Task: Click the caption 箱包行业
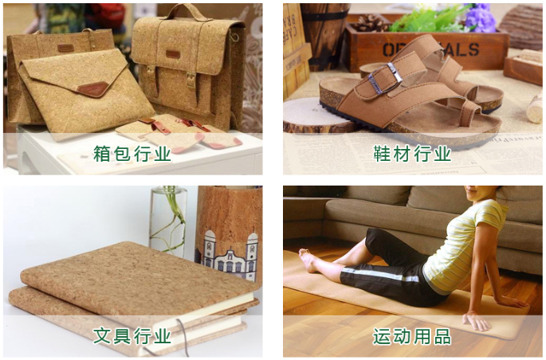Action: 132,154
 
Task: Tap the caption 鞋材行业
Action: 412,154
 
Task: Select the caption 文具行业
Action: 132,336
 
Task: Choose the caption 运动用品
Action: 412,336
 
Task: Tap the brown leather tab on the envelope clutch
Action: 93,88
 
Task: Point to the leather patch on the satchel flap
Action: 173,54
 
